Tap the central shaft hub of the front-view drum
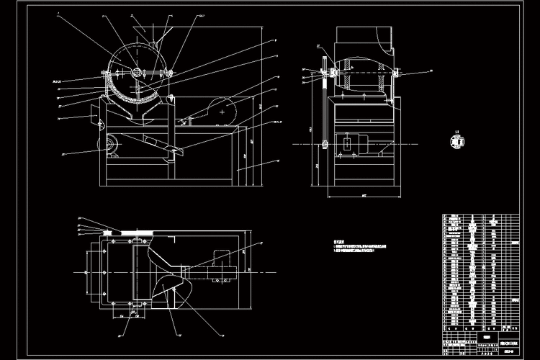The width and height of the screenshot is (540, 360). (138, 72)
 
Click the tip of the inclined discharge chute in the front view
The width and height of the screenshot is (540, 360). (176, 150)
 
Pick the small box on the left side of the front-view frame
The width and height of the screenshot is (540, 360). (94, 112)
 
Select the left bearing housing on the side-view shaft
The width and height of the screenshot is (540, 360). (325, 73)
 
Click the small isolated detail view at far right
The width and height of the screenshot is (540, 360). (456, 141)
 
